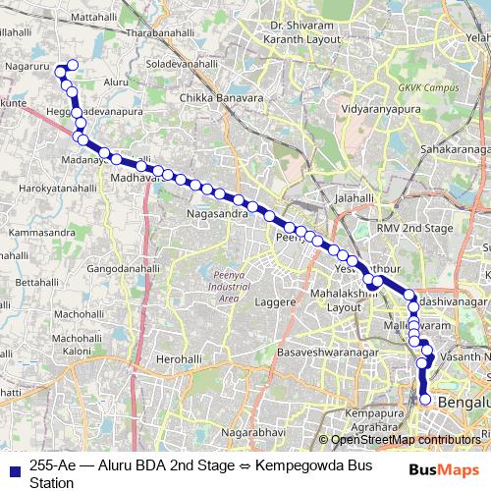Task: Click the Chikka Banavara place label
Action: coord(221,98)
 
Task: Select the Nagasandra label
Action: coord(221,211)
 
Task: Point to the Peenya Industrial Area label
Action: coord(229,287)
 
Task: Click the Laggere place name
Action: coord(277,302)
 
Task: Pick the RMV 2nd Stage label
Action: coord(415,227)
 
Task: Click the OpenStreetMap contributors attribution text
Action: coord(406,440)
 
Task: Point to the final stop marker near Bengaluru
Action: coord(425,400)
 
